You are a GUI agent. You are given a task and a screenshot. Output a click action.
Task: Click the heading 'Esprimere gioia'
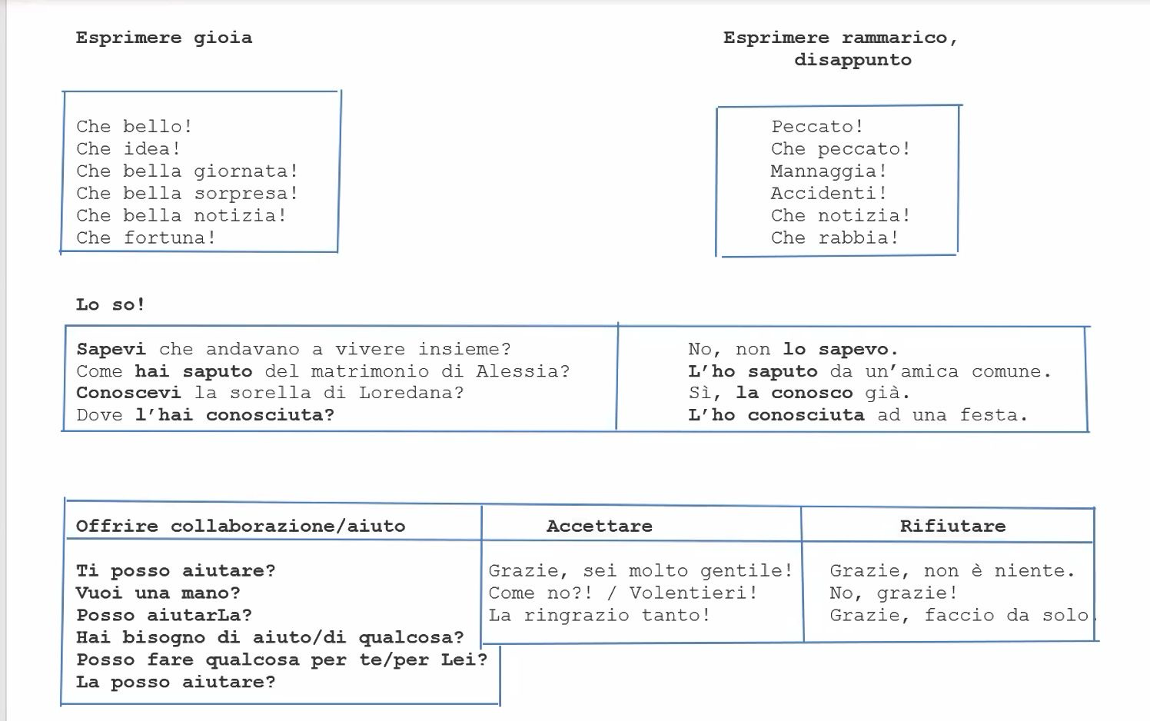pos(165,38)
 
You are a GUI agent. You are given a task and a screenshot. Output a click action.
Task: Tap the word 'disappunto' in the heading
pos(853,61)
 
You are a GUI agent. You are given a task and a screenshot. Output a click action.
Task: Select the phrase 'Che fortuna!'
pos(146,238)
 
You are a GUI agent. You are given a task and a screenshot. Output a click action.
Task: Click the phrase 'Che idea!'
pos(128,149)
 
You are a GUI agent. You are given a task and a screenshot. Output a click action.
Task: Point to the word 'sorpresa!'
pos(246,194)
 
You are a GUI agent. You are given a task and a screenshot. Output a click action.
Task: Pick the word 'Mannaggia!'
pos(829,171)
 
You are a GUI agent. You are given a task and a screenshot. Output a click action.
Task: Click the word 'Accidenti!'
pos(829,193)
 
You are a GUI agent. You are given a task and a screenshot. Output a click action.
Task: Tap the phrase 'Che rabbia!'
pos(835,238)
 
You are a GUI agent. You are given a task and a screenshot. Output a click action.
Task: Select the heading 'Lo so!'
pos(111,304)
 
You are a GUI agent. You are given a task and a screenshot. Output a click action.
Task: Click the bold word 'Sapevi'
pos(111,349)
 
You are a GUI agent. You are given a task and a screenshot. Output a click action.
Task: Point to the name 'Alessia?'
pos(523,371)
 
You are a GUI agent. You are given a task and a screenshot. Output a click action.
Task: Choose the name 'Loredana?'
pos(411,393)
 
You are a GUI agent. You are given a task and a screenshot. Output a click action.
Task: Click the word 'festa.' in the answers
pos(994,415)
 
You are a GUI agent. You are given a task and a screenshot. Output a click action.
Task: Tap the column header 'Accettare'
pos(599,527)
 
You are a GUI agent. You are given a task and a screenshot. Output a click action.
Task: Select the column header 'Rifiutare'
pos(953,527)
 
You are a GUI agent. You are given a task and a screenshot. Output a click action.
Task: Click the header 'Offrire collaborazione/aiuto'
pos(241,527)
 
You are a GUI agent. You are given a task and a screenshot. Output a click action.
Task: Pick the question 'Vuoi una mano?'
pos(158,593)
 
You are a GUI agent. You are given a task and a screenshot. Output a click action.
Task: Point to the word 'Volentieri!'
pos(693,593)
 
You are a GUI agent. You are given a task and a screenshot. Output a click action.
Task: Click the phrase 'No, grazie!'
pos(894,593)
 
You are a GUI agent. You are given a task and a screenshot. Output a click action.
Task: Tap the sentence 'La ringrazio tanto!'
pos(599,615)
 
